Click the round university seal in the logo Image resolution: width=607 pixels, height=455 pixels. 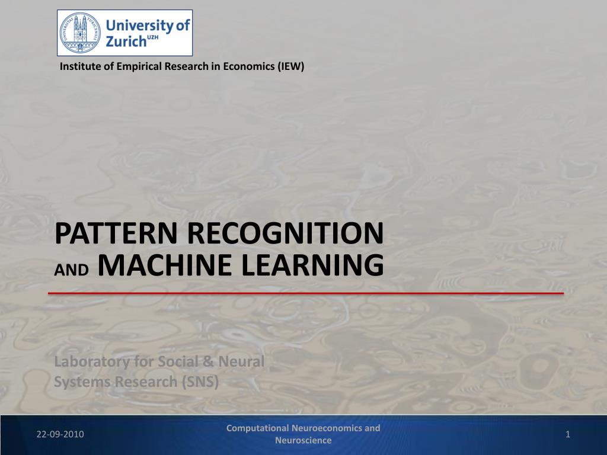pyautogui.click(x=79, y=33)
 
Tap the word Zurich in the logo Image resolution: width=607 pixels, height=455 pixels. pyautogui.click(x=126, y=41)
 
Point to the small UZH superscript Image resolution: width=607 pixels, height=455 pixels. pyautogui.click(x=153, y=37)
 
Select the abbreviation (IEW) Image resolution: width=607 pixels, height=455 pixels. pyautogui.click(x=290, y=66)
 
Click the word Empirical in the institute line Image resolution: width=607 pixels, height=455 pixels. pyautogui.click(x=139, y=66)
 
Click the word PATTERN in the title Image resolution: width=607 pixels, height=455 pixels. pyautogui.click(x=116, y=233)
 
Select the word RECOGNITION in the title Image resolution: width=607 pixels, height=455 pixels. pyautogui.click(x=286, y=233)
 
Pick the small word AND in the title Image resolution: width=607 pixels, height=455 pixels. pyautogui.click(x=72, y=270)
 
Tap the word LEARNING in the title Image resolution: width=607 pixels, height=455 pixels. pyautogui.click(x=313, y=265)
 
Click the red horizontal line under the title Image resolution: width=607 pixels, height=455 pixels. pyautogui.click(x=306, y=293)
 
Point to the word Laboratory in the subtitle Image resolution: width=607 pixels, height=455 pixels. pyautogui.click(x=92, y=362)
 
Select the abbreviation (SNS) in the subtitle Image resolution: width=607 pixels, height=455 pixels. pyautogui.click(x=200, y=382)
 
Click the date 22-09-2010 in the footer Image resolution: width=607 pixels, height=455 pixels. pyautogui.click(x=60, y=434)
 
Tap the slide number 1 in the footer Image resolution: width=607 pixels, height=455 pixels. pyautogui.click(x=568, y=434)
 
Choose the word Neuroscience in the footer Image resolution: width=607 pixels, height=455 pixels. pyautogui.click(x=303, y=440)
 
